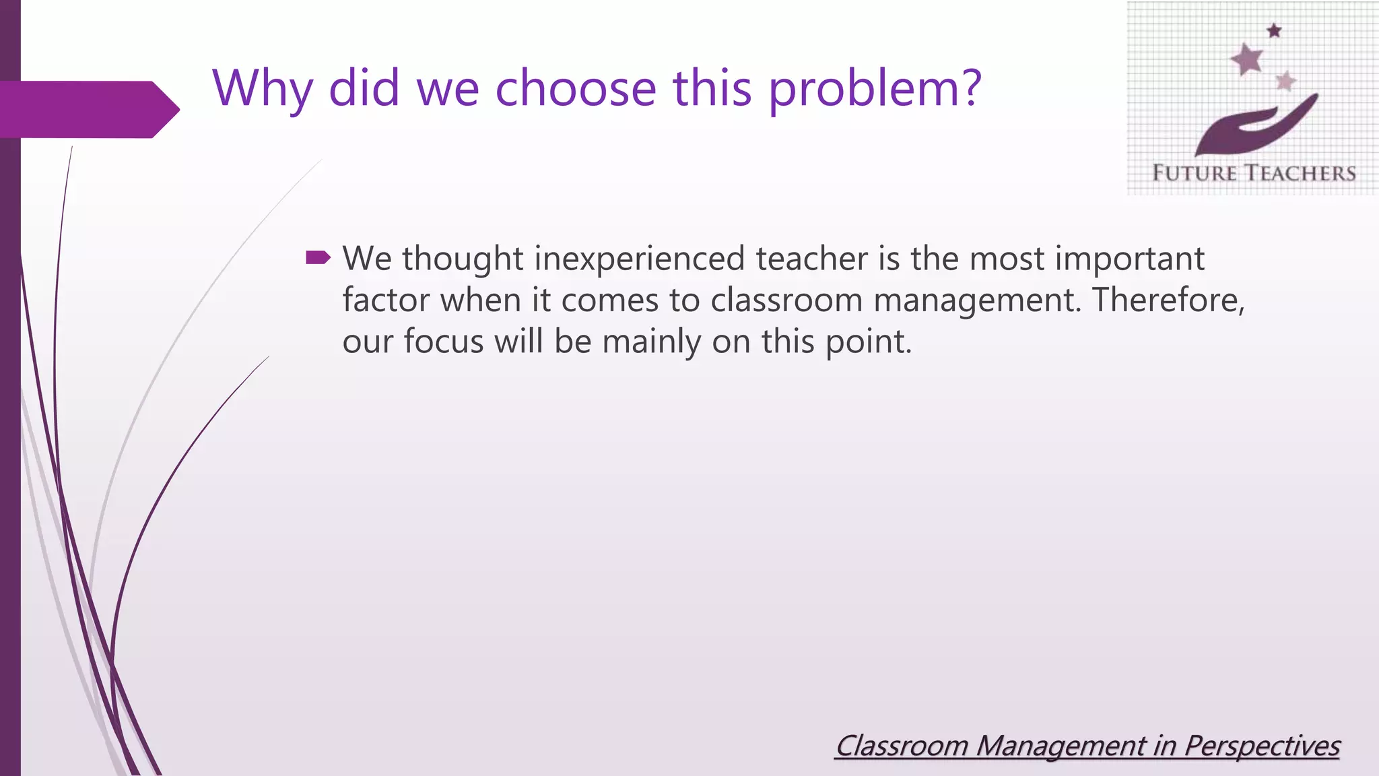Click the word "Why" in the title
[263, 89]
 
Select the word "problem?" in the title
[875, 89]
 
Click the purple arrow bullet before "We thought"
[318, 257]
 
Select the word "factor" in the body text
[385, 300]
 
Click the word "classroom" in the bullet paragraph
[786, 300]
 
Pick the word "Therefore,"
[1168, 300]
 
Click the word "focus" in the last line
[443, 342]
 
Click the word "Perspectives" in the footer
[1261, 746]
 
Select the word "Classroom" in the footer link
[901, 746]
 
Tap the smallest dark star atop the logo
[1274, 30]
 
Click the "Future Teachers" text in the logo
[1253, 173]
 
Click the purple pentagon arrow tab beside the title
[88, 109]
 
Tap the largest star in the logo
[1247, 59]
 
